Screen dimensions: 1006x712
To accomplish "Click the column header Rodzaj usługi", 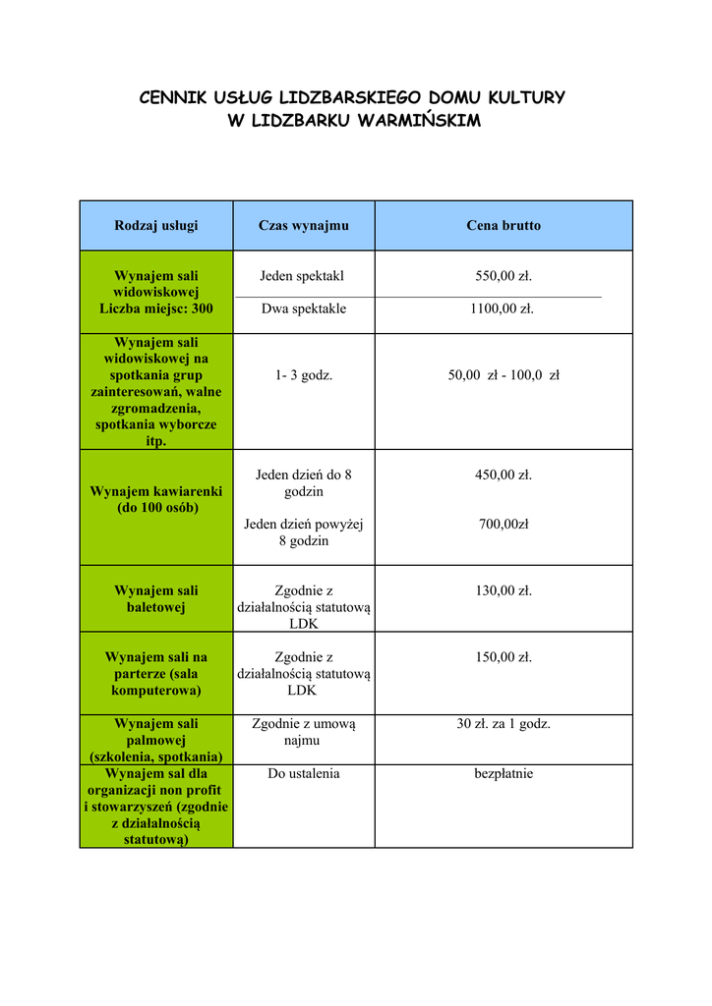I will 155,226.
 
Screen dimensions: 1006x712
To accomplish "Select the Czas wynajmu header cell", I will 303,226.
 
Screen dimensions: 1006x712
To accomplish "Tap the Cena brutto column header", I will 504,226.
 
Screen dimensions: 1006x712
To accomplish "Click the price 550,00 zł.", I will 504,277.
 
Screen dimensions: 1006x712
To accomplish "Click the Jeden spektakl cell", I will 303,277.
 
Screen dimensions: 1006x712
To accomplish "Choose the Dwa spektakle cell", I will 304,309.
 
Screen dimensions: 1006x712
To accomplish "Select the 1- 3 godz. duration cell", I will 304,375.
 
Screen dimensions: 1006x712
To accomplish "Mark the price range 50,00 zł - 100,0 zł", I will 504,375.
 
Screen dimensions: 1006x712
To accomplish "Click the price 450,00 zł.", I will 504,475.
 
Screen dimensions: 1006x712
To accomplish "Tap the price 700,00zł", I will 504,525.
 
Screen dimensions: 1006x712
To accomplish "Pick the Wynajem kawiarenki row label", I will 156,499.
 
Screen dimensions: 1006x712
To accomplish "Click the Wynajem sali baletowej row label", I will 156,599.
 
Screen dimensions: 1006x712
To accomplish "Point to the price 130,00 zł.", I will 504,591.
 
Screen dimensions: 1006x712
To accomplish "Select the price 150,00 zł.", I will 504,657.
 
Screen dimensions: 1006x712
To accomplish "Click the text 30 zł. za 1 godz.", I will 504,724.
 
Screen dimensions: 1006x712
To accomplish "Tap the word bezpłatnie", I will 504,774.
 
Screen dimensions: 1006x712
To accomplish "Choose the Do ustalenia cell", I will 304,774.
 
